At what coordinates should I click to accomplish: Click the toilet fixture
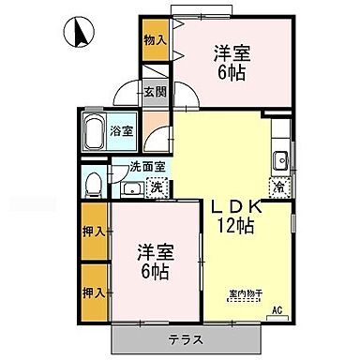coord(93,185)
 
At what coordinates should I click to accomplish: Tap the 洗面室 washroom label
coord(147,167)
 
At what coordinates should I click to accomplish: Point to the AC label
coord(277,309)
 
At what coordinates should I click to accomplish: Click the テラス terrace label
coord(187,337)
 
